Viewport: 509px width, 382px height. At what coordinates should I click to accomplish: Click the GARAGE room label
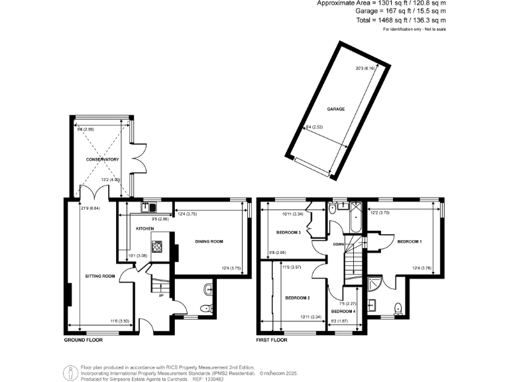pyautogui.click(x=335, y=108)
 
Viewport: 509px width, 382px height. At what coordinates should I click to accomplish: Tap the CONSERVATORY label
pyautogui.click(x=101, y=160)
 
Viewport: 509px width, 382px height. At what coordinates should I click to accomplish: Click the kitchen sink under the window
pyautogui.click(x=146, y=207)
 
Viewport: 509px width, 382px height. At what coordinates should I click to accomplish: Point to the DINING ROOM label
pyautogui.click(x=208, y=241)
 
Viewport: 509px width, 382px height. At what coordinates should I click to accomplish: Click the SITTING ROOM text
pyautogui.click(x=100, y=275)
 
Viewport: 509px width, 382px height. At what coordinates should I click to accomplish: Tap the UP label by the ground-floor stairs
pyautogui.click(x=160, y=296)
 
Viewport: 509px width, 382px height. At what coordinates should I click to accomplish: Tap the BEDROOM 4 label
pyautogui.click(x=343, y=311)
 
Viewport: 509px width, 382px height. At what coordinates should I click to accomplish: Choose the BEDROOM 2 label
pyautogui.click(x=298, y=298)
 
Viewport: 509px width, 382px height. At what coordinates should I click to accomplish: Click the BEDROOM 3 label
pyautogui.click(x=288, y=232)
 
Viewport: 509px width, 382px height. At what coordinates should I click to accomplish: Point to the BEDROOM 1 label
pyautogui.click(x=409, y=242)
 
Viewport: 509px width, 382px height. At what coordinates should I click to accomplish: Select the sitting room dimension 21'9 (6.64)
pyautogui.click(x=85, y=209)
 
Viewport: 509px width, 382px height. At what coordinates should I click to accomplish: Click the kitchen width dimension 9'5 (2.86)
pyautogui.click(x=159, y=218)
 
